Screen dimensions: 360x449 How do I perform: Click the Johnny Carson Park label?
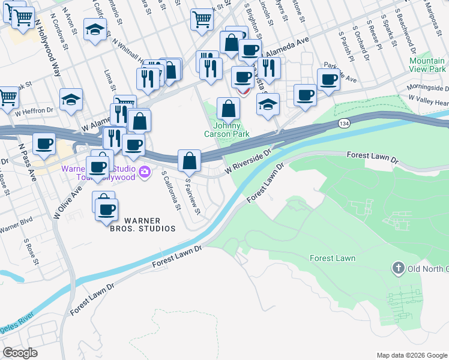click(x=228, y=130)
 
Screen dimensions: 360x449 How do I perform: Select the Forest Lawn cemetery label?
click(x=333, y=259)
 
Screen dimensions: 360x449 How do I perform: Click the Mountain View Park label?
click(x=427, y=65)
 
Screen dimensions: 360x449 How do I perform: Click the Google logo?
click(x=20, y=353)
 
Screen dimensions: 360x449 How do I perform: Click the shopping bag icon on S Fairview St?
click(x=190, y=160)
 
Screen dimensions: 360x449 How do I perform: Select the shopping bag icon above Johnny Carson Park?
click(x=228, y=109)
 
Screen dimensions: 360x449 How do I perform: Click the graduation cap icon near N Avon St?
click(x=95, y=29)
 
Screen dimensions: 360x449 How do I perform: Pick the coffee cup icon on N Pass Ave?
click(x=44, y=144)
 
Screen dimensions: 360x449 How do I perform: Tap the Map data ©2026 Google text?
click(x=412, y=355)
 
